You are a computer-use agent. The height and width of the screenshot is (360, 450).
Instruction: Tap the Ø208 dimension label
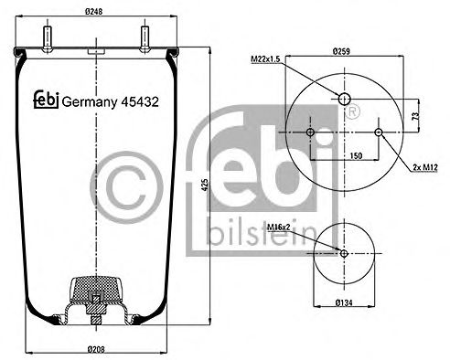click(x=95, y=349)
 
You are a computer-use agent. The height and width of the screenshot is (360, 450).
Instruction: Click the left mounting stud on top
click(x=46, y=39)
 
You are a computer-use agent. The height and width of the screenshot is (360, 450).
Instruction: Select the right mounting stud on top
click(x=145, y=39)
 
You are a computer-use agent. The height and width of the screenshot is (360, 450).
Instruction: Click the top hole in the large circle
click(x=345, y=98)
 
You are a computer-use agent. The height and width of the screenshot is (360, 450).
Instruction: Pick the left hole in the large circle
click(x=310, y=133)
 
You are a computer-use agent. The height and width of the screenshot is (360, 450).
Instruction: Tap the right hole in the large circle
click(x=379, y=133)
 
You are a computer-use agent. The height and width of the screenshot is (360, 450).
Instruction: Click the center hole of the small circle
click(x=344, y=252)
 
